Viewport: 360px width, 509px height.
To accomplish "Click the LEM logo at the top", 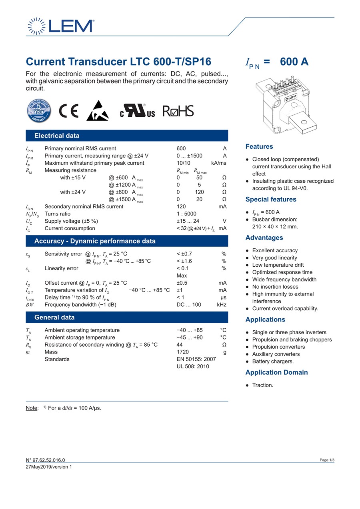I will coord(61,26).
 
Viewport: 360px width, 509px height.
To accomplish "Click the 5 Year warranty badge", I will coord(39,111).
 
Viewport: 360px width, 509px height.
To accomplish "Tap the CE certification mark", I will coord(69,111).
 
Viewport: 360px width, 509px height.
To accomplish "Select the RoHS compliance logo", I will coord(178,111).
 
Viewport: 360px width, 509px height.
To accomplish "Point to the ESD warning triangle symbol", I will coord(98,111).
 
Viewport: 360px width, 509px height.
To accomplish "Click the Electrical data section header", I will coord(57,136).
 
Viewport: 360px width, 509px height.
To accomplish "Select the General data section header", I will coord(54,317).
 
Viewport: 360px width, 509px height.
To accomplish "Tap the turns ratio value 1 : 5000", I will coord(186,214).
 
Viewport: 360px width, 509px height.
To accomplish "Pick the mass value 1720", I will coord(183,352).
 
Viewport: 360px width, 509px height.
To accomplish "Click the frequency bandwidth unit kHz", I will coord(222,305).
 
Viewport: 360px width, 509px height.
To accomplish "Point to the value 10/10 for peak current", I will coord(183,163).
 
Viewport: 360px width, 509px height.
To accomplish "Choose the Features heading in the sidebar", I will coord(259,147).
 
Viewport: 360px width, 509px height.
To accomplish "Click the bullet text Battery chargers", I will coord(273,361).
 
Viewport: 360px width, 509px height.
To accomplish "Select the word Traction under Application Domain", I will coord(262,385).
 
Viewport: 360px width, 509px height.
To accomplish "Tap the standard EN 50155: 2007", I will coord(196,359).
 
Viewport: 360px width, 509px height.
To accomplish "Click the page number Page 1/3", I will coord(327,460).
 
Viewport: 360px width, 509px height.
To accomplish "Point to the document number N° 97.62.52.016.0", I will coord(45,460).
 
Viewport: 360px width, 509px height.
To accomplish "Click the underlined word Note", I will coord(32,408).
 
